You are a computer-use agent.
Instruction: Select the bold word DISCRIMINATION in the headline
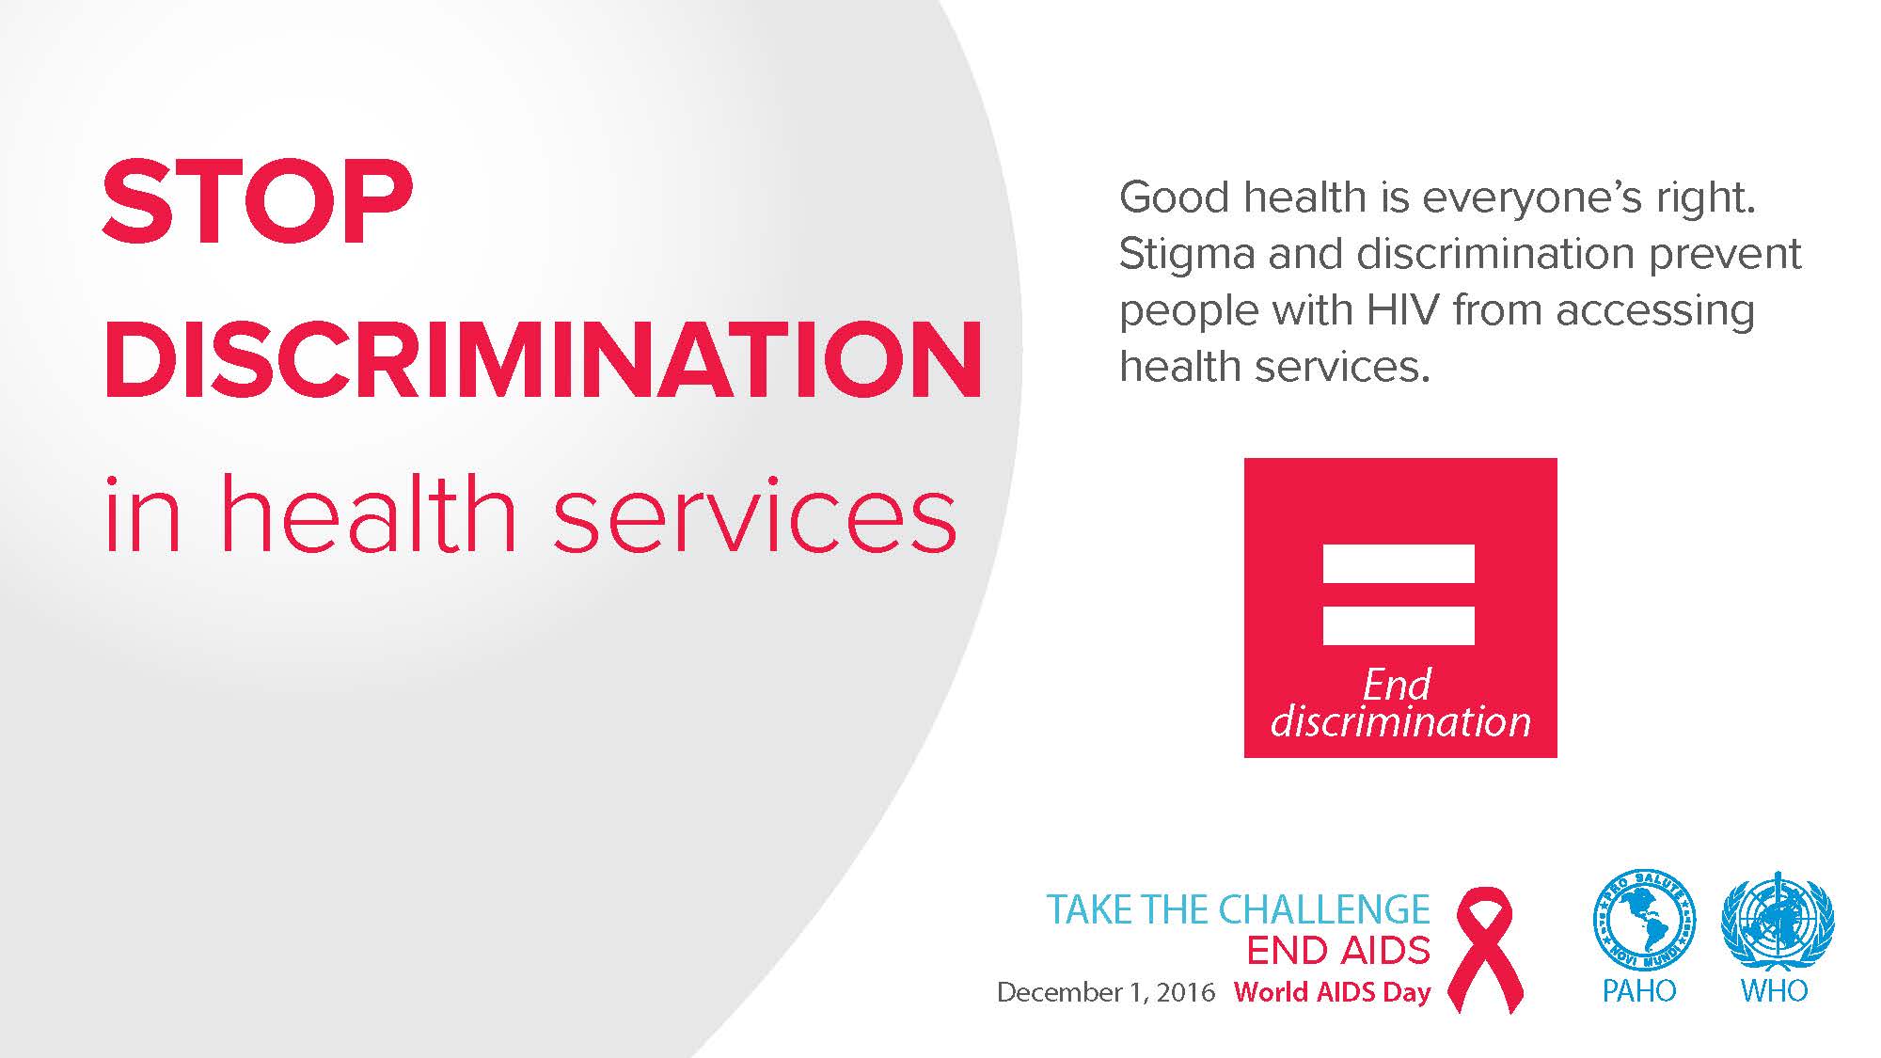[544, 359]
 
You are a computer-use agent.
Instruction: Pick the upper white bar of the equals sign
[1399, 563]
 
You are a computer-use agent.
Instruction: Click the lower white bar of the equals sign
[1399, 625]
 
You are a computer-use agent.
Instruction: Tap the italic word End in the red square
[1398, 685]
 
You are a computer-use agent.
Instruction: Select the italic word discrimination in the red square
[1400, 721]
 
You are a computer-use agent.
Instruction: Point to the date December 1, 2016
[1106, 992]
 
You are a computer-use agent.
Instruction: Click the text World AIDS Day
[1332, 992]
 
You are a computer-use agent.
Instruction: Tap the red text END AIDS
[1338, 951]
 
